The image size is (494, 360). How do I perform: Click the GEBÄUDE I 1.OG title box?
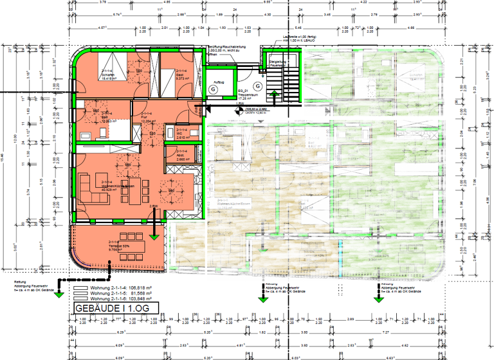[x=109, y=309]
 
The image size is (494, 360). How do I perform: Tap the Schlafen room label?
[x=108, y=76]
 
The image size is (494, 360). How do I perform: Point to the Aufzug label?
[x=219, y=82]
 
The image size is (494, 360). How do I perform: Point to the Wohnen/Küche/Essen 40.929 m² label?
[x=116, y=187]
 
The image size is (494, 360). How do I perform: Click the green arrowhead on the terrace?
[x=154, y=237]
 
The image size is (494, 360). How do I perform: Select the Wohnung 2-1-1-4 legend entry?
[x=120, y=289]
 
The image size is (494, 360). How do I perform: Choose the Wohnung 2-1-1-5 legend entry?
[x=120, y=294]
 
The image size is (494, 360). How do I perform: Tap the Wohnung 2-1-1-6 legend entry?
[x=120, y=299]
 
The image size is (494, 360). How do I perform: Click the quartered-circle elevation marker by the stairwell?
[x=239, y=111]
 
